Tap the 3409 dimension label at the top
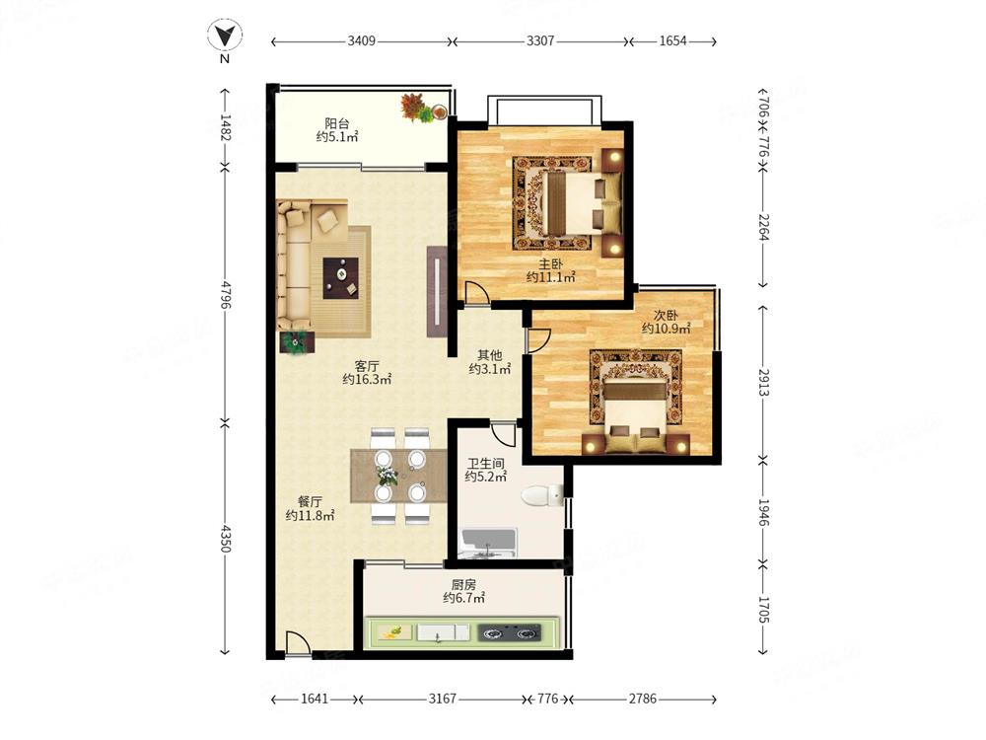(x=361, y=40)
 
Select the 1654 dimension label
(x=672, y=40)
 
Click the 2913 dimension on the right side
(x=763, y=382)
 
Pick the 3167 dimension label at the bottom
(x=442, y=699)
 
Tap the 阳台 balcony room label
(x=337, y=123)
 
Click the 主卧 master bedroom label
(x=551, y=264)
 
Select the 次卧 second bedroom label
(x=666, y=316)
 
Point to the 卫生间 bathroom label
(x=485, y=464)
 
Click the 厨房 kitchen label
(x=463, y=585)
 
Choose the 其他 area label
(x=489, y=355)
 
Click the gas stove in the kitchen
(x=510, y=631)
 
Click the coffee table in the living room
(x=341, y=278)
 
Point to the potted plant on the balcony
(x=417, y=108)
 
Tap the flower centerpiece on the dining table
(x=387, y=476)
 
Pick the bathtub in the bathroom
(x=489, y=544)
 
